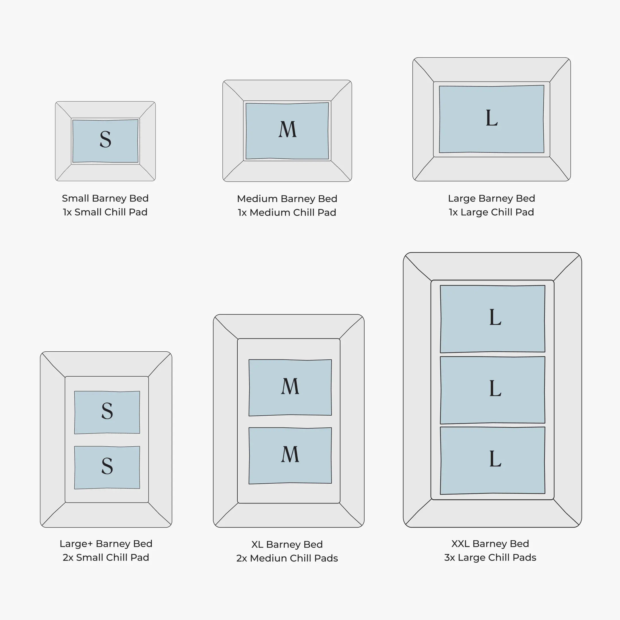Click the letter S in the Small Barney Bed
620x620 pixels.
tap(105, 139)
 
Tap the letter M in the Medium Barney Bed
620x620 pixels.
tap(288, 129)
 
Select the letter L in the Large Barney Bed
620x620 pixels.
tap(492, 118)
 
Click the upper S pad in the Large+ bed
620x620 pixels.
tap(107, 412)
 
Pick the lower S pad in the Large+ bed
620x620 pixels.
tap(107, 468)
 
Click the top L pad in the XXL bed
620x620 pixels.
tap(493, 319)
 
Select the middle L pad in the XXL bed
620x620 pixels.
tap(493, 390)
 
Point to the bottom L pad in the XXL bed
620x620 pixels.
tap(493, 460)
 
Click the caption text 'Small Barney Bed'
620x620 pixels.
tap(105, 198)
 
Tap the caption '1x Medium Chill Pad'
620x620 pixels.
tap(287, 212)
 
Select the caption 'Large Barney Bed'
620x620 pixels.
tap(491, 198)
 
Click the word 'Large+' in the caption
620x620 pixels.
tap(76, 544)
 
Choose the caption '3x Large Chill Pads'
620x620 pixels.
tap(490, 557)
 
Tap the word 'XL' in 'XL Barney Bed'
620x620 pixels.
tap(257, 544)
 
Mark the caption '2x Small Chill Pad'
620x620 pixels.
tap(106, 557)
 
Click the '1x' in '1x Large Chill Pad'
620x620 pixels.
tap(453, 212)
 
